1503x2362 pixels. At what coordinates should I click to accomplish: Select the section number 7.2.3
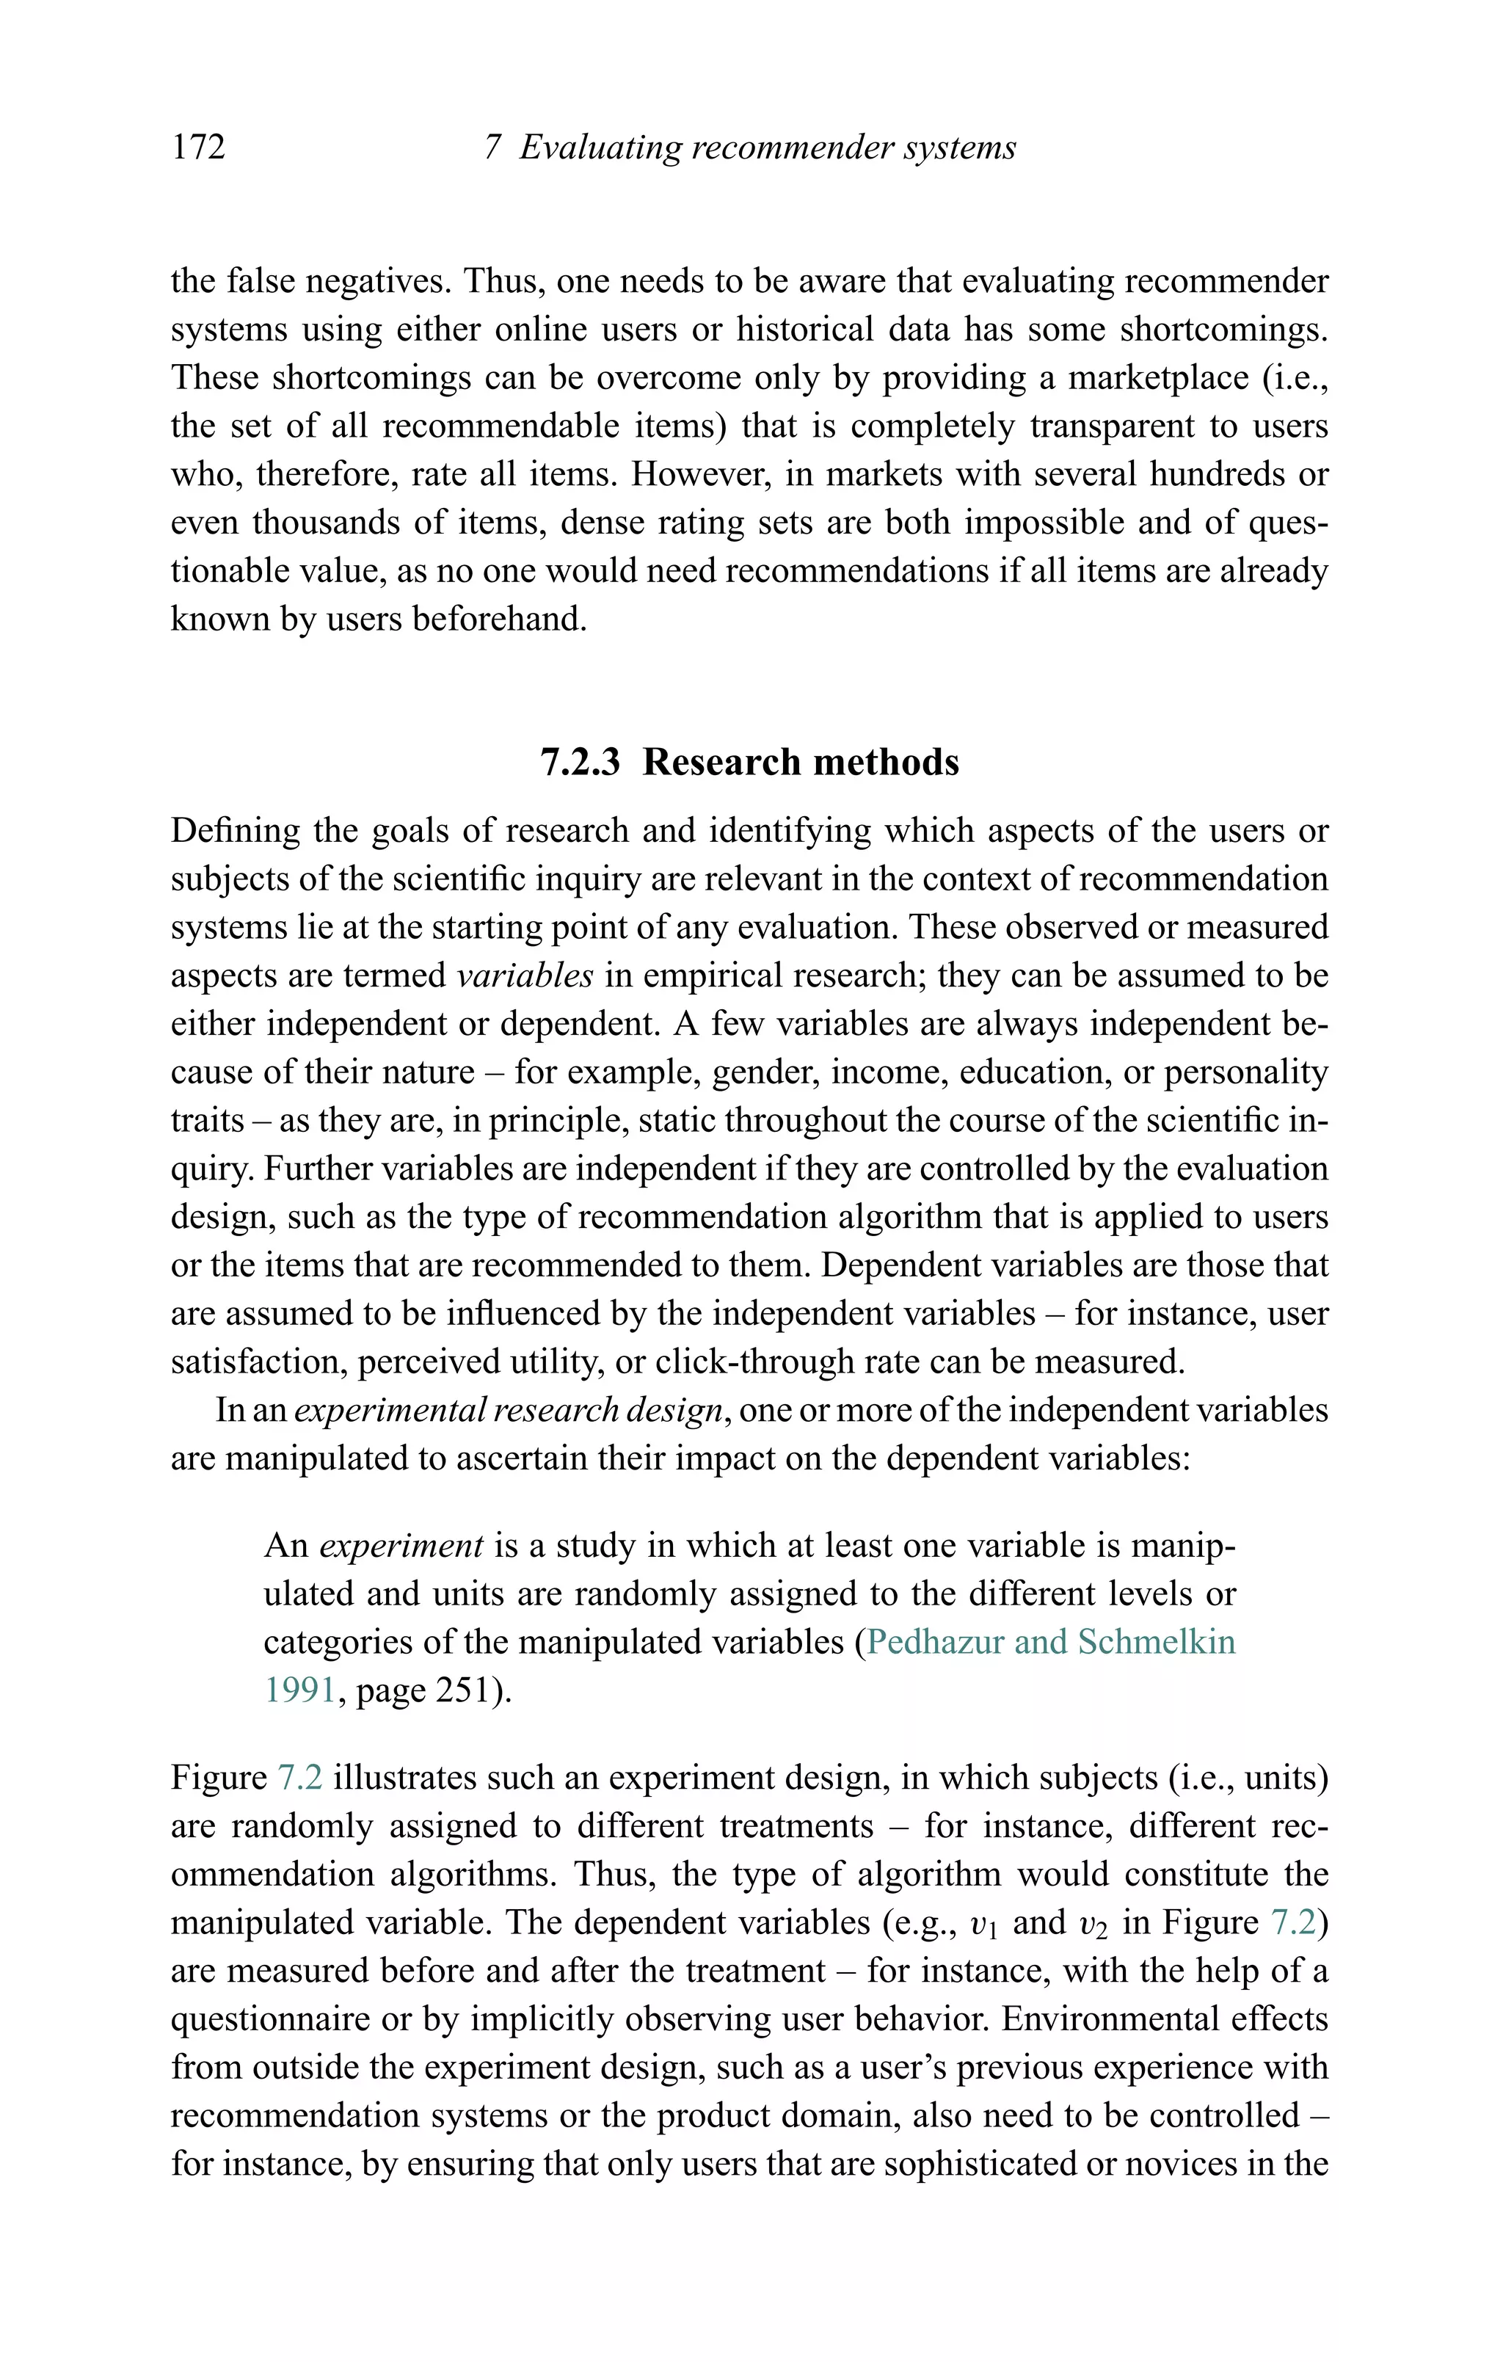click(580, 762)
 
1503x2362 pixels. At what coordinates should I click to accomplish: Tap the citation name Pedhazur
click(935, 1642)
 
